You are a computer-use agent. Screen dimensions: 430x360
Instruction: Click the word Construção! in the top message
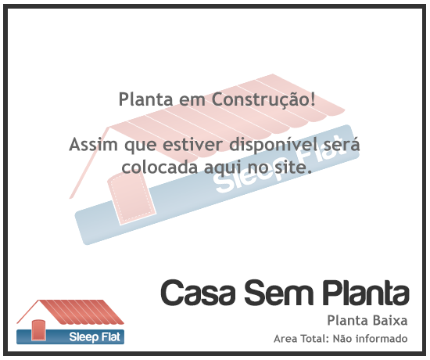[263, 99]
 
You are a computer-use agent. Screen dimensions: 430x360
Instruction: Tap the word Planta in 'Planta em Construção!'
[145, 99]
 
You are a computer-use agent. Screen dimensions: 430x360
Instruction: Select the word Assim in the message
[93, 144]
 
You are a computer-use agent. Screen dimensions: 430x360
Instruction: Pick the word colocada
[159, 167]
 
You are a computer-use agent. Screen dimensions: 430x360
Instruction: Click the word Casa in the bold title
[198, 293]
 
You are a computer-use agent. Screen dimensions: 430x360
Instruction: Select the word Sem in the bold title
[278, 293]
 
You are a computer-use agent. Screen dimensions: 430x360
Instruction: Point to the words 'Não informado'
[370, 339]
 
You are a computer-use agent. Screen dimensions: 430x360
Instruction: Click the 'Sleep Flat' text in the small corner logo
[95, 337]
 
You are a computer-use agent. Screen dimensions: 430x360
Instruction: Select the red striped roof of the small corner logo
[81, 312]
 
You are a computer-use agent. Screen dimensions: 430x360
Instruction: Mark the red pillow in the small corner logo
[38, 330]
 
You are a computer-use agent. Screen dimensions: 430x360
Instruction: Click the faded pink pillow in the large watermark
[131, 198]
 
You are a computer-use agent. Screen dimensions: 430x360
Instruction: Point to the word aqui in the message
[223, 168]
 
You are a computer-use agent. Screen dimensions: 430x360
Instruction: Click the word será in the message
[342, 144]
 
